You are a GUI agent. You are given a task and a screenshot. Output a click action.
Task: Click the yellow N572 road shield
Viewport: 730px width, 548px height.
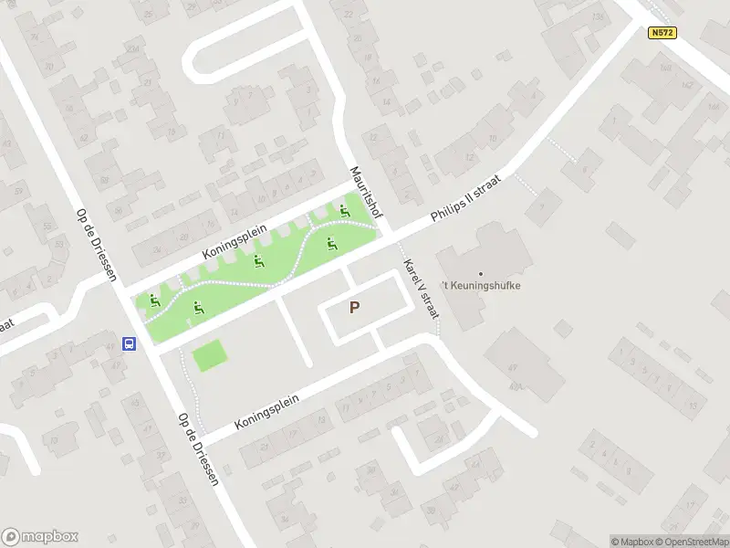click(662, 32)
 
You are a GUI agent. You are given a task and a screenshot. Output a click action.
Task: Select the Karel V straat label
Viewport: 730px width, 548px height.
click(421, 288)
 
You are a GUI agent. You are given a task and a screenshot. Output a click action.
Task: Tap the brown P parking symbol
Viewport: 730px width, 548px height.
click(354, 309)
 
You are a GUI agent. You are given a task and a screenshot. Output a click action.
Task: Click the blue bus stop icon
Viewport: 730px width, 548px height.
click(130, 344)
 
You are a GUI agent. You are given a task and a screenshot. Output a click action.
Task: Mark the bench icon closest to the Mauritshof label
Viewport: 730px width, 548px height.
click(344, 213)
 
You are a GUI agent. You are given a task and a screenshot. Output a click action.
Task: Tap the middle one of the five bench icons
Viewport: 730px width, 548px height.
click(259, 263)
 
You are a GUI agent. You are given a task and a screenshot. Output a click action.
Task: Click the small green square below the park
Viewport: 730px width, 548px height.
click(209, 355)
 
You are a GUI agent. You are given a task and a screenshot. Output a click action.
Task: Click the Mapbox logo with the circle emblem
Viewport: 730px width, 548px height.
click(40, 537)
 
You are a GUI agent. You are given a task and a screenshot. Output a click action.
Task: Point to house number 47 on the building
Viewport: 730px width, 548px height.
click(513, 367)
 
